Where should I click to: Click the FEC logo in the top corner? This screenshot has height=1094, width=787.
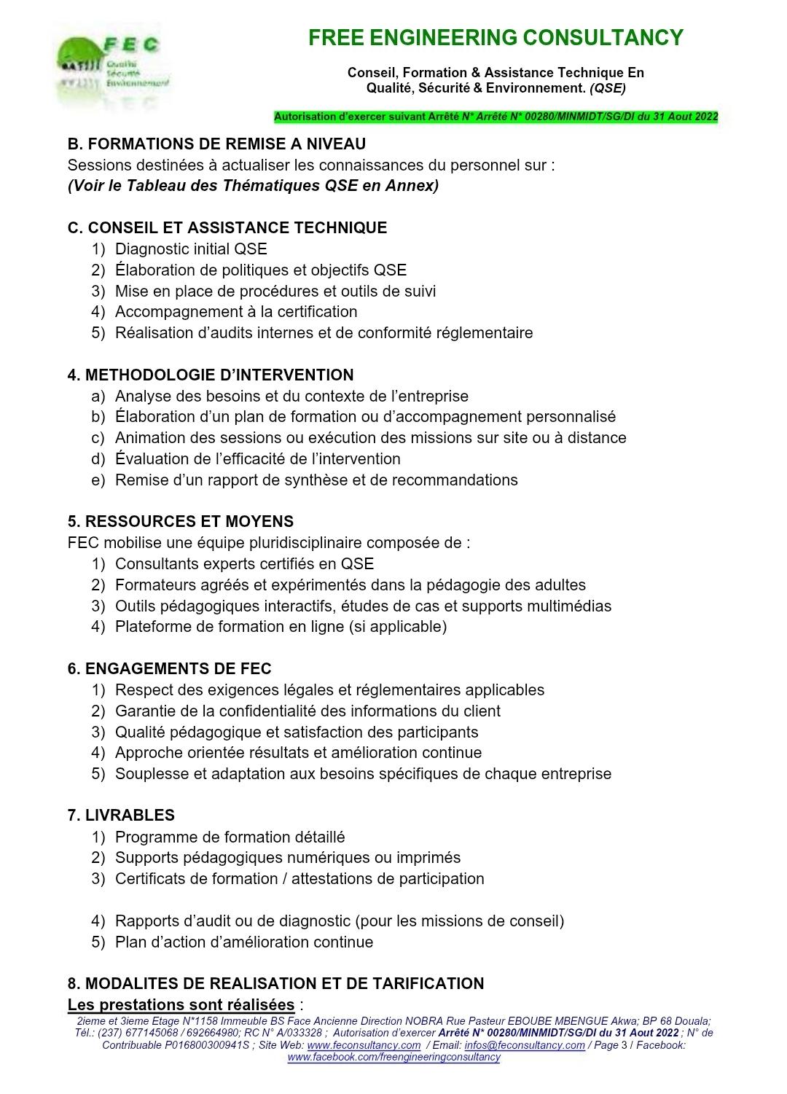click(113, 66)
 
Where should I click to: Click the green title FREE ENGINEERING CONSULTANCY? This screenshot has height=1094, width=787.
click(496, 38)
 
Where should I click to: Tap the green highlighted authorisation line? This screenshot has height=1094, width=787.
click(496, 117)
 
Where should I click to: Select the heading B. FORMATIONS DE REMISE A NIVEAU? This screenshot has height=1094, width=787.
click(216, 144)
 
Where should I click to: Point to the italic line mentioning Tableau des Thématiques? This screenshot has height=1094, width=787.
click(253, 186)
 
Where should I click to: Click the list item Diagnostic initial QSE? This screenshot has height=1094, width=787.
click(191, 249)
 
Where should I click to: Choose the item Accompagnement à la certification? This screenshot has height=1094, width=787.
click(236, 312)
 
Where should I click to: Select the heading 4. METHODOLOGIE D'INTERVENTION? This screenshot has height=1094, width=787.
click(211, 375)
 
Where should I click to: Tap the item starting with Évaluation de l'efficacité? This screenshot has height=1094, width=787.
click(257, 459)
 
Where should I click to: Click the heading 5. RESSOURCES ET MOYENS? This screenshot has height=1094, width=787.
click(181, 522)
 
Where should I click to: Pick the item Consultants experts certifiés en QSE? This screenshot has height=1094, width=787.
click(244, 564)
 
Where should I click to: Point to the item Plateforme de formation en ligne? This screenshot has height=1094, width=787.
click(281, 627)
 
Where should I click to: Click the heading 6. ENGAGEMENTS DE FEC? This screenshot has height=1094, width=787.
click(169, 669)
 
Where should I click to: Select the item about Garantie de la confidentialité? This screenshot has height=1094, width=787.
click(308, 711)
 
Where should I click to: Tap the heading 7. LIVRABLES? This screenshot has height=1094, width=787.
click(121, 816)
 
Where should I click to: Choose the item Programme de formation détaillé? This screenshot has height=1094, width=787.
click(230, 837)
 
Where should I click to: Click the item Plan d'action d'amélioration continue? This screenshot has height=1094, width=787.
click(244, 942)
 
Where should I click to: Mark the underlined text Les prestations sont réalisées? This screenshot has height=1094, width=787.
click(181, 1005)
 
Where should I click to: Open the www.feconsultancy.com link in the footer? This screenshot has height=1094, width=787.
click(364, 1045)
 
